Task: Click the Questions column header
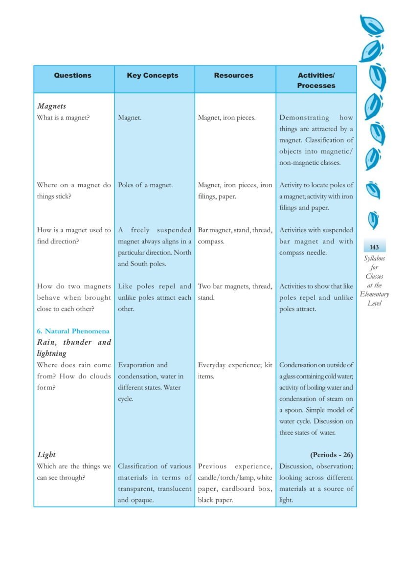coord(72,75)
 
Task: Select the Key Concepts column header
coord(153,75)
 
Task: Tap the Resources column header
coord(234,75)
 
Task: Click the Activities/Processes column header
coord(316,80)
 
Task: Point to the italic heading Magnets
coord(51,106)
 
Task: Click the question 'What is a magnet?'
coord(63,117)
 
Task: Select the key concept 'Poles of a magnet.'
coord(145,185)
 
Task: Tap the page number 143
coord(374,247)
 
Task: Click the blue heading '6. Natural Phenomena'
coord(73,331)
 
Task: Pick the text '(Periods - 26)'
coord(331,455)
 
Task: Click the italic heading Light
coord(46,455)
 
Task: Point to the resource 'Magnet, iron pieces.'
coord(226,117)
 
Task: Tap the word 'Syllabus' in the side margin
coord(374,258)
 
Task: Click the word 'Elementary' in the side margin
coord(374,294)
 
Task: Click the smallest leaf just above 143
coord(374,220)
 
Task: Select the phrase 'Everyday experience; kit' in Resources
coord(235,365)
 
